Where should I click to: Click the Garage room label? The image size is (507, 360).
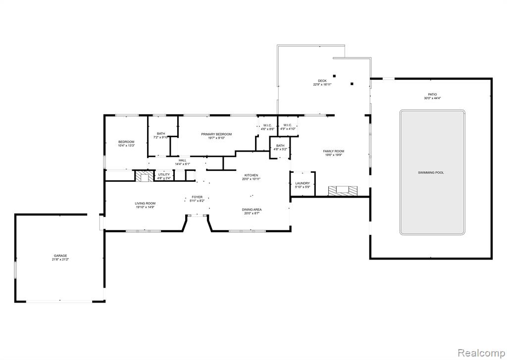(x=60, y=256)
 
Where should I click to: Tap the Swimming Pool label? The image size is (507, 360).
(x=431, y=173)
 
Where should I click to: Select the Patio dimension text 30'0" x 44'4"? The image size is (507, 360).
(x=432, y=99)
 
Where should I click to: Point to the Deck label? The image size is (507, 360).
(x=322, y=81)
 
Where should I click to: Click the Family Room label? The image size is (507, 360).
(x=333, y=151)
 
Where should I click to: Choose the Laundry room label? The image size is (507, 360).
(x=302, y=183)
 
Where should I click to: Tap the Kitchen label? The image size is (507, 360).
(x=251, y=175)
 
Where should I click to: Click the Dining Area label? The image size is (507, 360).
(x=252, y=209)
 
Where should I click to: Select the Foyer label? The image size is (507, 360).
(x=197, y=197)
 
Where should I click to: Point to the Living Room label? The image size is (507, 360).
(x=145, y=203)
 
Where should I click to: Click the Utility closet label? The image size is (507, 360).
(x=164, y=174)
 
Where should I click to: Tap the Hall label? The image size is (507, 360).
(x=183, y=160)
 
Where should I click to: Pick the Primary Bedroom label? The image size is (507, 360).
(x=216, y=134)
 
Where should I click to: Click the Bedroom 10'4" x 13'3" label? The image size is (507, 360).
(x=126, y=142)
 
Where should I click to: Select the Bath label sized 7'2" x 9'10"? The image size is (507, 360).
(x=161, y=133)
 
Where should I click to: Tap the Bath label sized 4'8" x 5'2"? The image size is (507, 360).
(x=280, y=146)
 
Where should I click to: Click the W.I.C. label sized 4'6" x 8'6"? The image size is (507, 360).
(x=267, y=125)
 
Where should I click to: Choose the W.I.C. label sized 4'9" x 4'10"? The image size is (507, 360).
(x=288, y=125)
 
